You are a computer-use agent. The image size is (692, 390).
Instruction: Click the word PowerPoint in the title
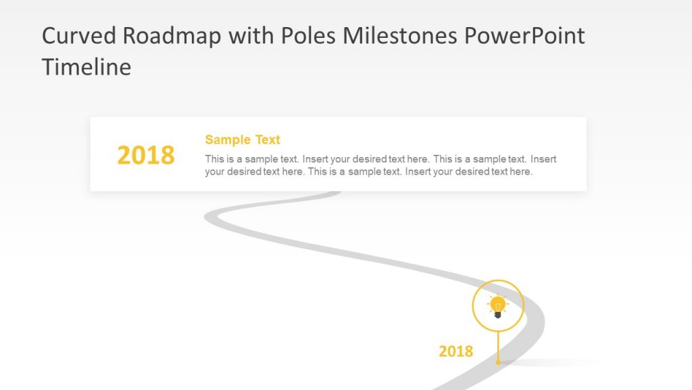(525, 36)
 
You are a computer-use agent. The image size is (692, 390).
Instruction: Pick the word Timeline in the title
(86, 67)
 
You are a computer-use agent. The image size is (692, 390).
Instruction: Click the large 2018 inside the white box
(146, 156)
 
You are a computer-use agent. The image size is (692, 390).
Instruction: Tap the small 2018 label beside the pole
(456, 351)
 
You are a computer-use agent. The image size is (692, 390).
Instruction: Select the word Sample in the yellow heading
(228, 140)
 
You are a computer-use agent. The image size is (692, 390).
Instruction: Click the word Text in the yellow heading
(268, 140)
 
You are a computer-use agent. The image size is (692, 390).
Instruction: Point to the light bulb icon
(498, 305)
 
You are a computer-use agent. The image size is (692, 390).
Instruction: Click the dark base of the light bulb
(498, 314)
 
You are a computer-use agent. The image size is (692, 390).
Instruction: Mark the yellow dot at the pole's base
(498, 362)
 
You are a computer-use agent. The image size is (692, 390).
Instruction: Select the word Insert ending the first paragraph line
(543, 160)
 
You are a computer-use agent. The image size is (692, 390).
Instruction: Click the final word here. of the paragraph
(521, 172)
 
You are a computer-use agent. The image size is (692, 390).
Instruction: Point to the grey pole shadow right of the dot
(554, 363)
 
